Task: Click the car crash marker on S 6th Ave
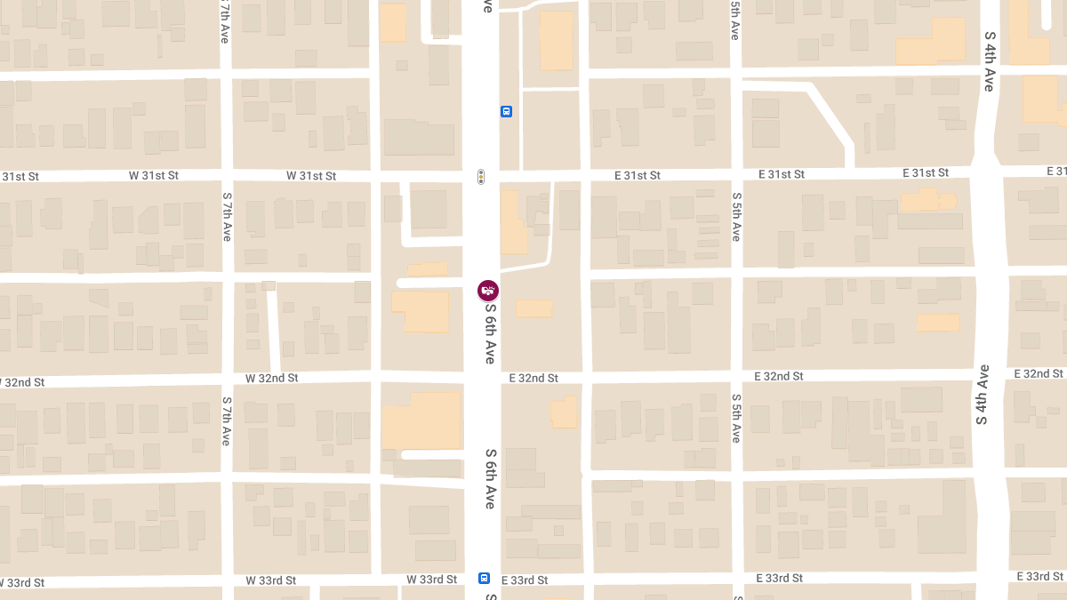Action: pos(488,290)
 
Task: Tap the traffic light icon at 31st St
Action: pos(481,177)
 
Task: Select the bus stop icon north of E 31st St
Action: pos(506,112)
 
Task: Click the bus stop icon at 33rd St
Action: pos(485,578)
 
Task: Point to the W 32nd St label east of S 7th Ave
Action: pos(272,378)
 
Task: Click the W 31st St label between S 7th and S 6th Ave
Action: pos(311,176)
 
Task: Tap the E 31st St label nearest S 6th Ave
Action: pos(638,175)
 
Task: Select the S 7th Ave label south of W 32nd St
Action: pos(227,421)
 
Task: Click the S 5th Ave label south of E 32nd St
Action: pos(736,420)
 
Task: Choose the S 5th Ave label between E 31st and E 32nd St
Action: pos(736,217)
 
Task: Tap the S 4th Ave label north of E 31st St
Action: pos(989,60)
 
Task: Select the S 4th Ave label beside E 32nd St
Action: pos(983,394)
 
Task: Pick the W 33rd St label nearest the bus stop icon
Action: pos(431,580)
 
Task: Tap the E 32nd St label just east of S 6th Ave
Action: pos(533,378)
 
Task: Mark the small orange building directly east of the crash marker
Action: pos(533,308)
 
